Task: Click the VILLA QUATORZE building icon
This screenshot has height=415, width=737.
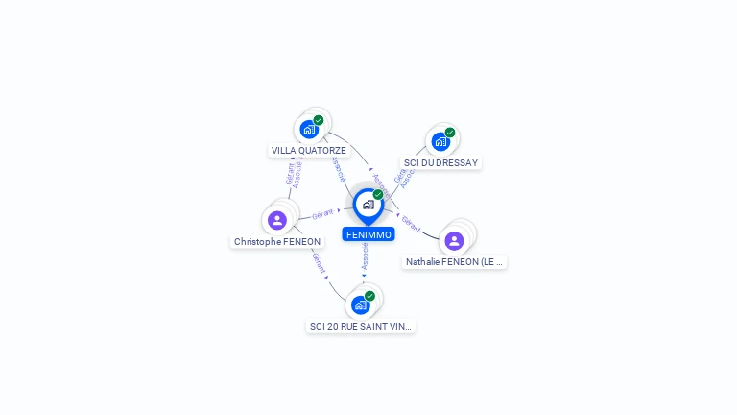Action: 308,129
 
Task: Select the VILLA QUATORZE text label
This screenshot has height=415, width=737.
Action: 309,151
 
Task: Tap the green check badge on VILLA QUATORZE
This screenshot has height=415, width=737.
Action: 319,120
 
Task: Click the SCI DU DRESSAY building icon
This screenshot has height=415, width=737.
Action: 440,141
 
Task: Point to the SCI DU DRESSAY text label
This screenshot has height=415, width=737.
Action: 440,163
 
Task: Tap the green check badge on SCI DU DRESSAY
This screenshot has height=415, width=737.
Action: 450,133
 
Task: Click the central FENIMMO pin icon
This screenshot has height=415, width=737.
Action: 368,205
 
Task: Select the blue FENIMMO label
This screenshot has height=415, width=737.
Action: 368,234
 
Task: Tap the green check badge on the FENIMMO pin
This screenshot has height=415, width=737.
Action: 378,194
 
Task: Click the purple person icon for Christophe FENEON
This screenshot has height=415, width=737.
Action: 277,220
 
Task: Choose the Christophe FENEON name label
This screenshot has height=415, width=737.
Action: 277,242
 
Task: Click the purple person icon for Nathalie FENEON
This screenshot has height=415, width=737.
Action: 454,240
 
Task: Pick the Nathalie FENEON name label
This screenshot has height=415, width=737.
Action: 454,261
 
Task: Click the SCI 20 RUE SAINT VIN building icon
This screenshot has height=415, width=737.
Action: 360,305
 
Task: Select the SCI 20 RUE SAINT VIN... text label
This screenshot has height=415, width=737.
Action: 361,327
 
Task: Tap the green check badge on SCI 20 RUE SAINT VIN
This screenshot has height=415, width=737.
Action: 370,296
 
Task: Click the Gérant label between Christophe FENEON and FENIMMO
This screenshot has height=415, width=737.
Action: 322,213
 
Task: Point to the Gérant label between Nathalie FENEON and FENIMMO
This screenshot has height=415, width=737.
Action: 411,224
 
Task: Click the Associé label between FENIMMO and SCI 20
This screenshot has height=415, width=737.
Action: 365,256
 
